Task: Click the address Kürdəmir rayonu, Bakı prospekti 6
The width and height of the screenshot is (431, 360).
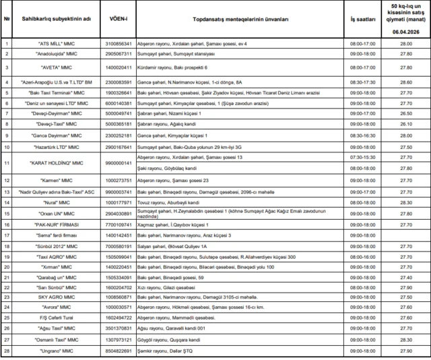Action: (x=169, y=68)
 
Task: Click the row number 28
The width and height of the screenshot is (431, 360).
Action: (x=7, y=351)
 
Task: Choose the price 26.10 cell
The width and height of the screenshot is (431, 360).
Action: (x=405, y=125)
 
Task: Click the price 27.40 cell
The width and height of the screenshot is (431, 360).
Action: (x=405, y=276)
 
